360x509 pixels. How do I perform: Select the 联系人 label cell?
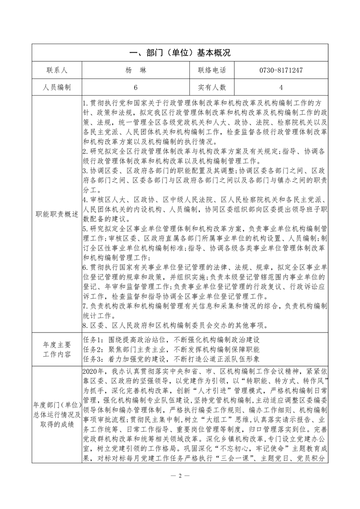(x=57, y=70)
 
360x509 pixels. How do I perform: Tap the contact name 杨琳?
(x=135, y=70)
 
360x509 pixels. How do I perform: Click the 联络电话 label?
(x=212, y=70)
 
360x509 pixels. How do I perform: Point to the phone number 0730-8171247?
(x=281, y=70)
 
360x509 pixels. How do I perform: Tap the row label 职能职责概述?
(x=57, y=214)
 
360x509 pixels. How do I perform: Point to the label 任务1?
(x=94, y=339)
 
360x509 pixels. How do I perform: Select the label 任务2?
(x=94, y=349)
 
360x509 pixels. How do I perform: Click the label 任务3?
(x=94, y=360)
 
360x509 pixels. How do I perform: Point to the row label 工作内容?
(x=57, y=354)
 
